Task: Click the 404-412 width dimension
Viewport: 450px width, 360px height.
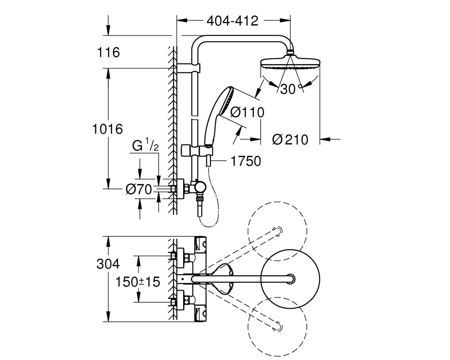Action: (x=233, y=21)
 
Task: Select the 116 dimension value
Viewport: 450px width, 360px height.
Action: (x=108, y=53)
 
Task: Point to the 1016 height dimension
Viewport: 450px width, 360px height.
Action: (x=108, y=129)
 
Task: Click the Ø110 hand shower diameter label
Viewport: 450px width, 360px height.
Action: (x=247, y=112)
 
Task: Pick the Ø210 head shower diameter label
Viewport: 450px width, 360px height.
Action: (x=290, y=139)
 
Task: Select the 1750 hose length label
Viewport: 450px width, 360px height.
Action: (x=246, y=161)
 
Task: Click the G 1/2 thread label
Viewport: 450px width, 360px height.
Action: (x=145, y=145)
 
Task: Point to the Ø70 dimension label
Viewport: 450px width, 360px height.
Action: (x=139, y=189)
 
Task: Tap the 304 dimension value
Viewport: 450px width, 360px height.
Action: (x=108, y=264)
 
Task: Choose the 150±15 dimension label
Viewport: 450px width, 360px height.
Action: (x=137, y=282)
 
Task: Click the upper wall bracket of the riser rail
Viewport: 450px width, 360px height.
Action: (x=189, y=68)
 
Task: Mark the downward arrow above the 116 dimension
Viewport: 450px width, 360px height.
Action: (x=108, y=25)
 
